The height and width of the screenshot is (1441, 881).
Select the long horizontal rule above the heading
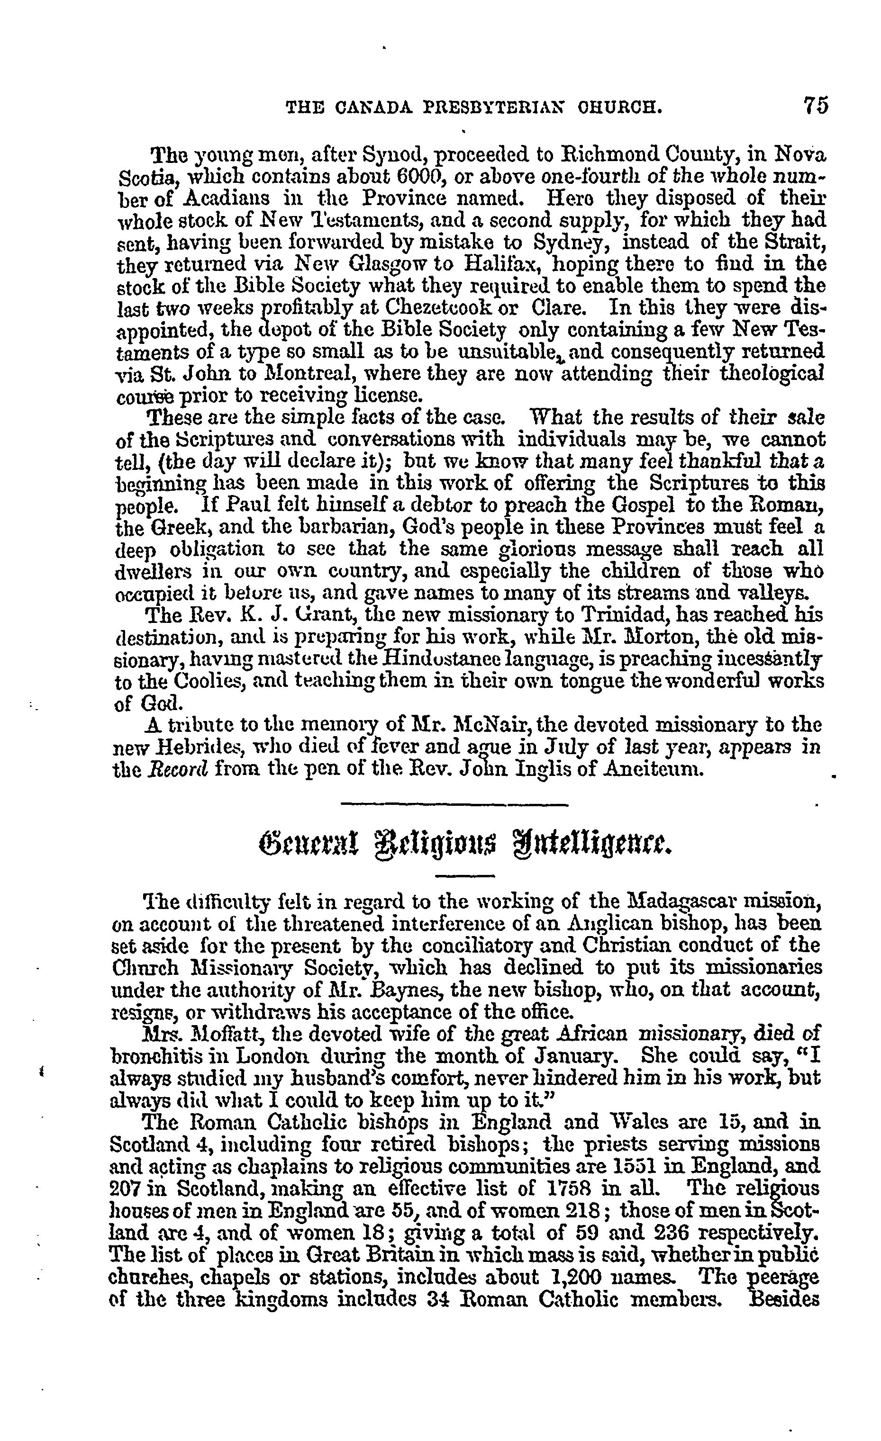(454, 806)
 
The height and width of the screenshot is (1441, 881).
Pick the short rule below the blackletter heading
(466, 875)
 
